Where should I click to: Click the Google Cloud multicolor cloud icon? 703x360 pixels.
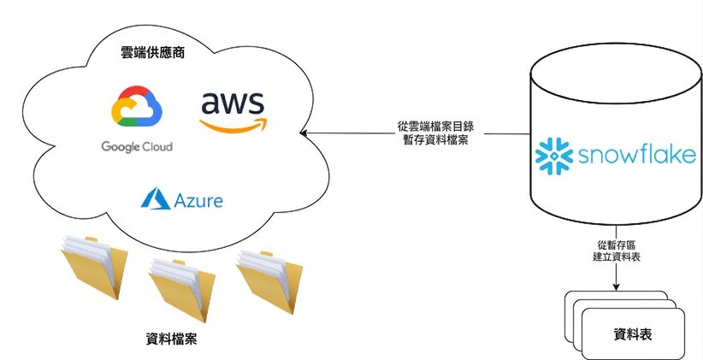(x=137, y=106)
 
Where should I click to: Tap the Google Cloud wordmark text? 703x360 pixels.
(x=137, y=146)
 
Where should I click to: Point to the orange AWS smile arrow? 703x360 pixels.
(x=233, y=125)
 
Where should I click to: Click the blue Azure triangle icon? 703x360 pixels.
(x=155, y=198)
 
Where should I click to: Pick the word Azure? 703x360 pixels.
(x=198, y=200)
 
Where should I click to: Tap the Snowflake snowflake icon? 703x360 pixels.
(x=554, y=156)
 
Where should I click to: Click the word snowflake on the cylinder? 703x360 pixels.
(x=637, y=155)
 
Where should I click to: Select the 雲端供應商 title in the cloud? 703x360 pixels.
(x=153, y=53)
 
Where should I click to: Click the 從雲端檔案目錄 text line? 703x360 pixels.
(x=435, y=127)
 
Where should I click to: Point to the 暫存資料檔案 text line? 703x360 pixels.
(x=436, y=140)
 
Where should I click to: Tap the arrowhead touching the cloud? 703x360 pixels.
(x=304, y=133)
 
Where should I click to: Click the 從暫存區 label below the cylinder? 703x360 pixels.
(x=616, y=245)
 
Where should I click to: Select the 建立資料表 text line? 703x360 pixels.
(x=616, y=257)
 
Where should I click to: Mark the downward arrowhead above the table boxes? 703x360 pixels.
(x=616, y=286)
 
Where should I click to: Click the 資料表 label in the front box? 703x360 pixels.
(x=633, y=334)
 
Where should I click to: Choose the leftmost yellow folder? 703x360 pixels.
(x=94, y=267)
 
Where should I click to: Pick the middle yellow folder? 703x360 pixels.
(x=181, y=290)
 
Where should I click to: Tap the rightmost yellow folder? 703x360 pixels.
(x=269, y=281)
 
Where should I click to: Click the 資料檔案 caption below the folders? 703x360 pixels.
(x=171, y=339)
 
